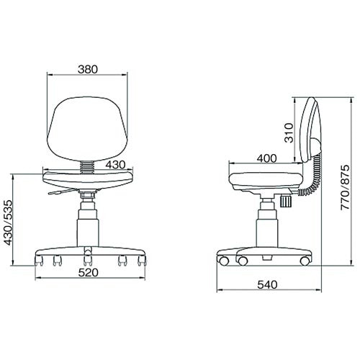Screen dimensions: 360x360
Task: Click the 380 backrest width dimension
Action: tap(88, 70)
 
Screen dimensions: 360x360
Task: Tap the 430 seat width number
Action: tap(115, 165)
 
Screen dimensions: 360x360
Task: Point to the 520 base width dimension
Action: tap(89, 273)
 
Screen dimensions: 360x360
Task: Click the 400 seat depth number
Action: tap(266, 158)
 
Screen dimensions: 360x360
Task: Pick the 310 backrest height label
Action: tap(289, 133)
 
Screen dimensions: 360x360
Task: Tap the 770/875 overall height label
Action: tap(345, 187)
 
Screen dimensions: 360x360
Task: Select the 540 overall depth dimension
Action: tap(267, 285)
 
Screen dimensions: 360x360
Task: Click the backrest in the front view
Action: tap(87, 129)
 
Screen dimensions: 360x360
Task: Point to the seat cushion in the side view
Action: tap(266, 179)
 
